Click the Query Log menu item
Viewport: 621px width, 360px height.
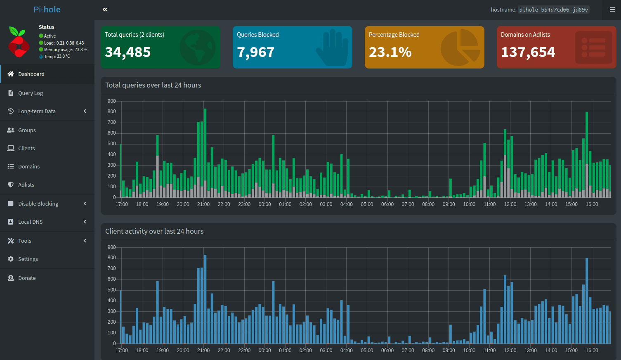31,93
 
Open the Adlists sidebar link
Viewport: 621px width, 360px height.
26,185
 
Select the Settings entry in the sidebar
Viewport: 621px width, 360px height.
28,259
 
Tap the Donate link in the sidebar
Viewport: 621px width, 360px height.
27,278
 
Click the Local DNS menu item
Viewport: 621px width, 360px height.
31,222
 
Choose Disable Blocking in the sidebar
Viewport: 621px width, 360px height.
38,204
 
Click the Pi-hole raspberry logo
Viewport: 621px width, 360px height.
19,42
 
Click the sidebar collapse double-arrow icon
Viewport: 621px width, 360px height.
105,9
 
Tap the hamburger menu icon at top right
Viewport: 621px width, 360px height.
612,9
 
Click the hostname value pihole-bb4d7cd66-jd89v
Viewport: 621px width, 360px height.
553,10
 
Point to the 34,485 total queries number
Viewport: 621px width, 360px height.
128,52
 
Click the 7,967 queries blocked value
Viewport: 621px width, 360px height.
255,52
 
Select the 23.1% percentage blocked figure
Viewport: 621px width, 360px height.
390,52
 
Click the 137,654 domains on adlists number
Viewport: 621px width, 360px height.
528,52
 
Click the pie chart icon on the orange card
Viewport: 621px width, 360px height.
460,47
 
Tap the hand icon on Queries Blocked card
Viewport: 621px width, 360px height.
332,47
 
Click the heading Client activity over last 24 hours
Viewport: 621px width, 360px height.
154,231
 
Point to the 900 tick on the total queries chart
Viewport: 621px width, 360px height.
111,101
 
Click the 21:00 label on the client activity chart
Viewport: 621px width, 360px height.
203,351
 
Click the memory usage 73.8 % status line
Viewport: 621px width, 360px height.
65,50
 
